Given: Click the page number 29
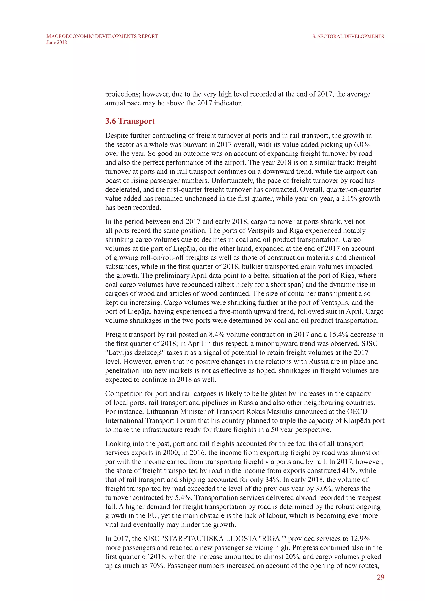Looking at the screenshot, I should click(381, 577).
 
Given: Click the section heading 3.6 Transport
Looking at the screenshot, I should click(130, 121).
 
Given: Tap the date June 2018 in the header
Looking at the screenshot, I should click(56, 42).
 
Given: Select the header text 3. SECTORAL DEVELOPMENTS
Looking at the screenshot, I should click(348, 36).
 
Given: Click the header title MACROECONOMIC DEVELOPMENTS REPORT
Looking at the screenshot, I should click(102, 36).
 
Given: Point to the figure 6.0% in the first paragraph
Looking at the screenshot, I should click(362, 144).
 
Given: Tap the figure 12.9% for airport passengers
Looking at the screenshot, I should click(360, 539).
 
